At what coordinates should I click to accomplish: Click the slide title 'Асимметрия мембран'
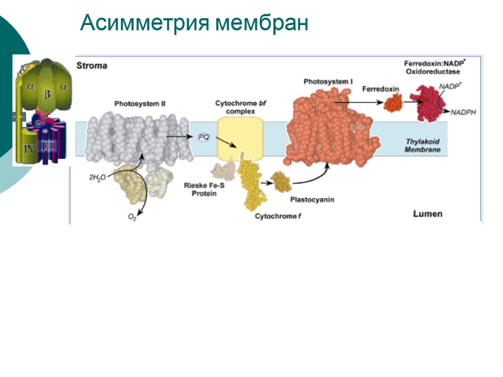click(x=194, y=23)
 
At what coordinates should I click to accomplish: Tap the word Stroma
click(x=91, y=65)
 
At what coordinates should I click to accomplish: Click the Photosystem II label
click(x=140, y=104)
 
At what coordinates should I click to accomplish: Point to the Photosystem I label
click(x=327, y=81)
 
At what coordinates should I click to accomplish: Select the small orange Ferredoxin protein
click(x=392, y=104)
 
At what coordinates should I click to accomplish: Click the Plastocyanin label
click(x=312, y=200)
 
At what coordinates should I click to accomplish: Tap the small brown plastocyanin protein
click(x=280, y=182)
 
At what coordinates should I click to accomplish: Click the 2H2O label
click(x=97, y=178)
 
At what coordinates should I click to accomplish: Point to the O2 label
click(x=132, y=217)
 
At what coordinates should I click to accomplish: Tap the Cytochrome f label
click(x=275, y=216)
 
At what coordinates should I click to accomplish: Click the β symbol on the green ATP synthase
click(x=47, y=94)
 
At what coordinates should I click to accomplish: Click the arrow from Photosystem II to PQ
click(x=179, y=136)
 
